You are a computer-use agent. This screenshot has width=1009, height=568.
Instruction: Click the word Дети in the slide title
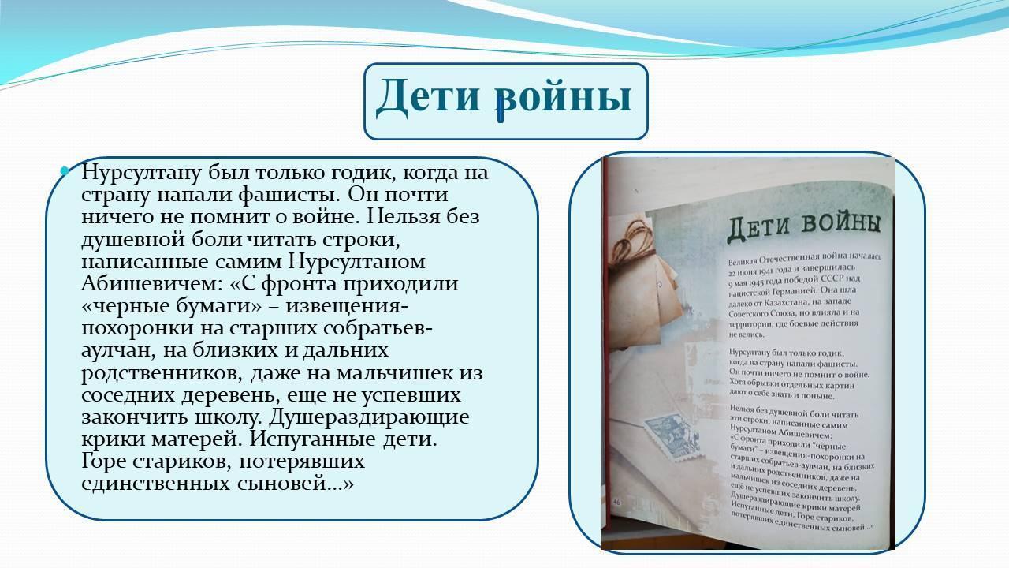point(426,97)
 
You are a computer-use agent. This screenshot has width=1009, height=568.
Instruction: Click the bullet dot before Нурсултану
point(65,171)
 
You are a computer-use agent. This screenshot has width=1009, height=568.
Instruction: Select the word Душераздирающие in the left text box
point(369,417)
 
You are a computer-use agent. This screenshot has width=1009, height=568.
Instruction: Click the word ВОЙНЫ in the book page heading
point(842,224)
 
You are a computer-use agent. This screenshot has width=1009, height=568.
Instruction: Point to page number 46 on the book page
point(616,503)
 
